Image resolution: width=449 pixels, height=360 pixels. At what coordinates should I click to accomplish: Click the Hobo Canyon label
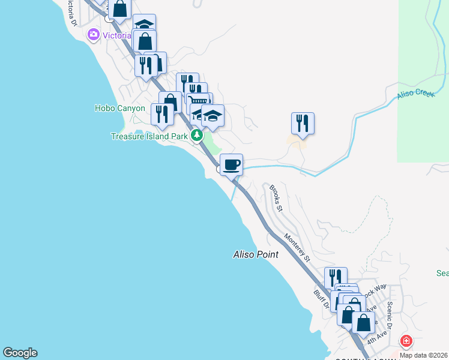point(119,109)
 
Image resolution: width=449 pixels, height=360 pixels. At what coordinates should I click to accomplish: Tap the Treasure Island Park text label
point(149,136)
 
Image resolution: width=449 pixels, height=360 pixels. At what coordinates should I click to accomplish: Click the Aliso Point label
point(256,254)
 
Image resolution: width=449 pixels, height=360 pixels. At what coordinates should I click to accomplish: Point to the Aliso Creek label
point(415,95)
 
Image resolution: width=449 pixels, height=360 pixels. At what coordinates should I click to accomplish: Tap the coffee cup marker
point(232,164)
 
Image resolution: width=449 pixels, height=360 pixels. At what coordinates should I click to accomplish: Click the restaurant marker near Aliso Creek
point(303,123)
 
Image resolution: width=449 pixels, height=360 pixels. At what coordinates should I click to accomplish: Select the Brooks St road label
point(276,198)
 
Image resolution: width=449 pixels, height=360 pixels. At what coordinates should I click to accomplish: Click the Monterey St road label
point(297,248)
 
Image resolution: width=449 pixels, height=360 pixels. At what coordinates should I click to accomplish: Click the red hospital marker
point(406,341)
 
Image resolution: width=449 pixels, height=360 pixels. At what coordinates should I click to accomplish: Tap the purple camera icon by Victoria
point(93,34)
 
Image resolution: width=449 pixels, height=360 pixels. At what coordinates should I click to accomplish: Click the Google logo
point(20,353)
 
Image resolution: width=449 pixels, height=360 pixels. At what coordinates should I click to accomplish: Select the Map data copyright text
point(424,355)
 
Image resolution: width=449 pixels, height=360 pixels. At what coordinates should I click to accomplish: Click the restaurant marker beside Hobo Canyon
point(161,113)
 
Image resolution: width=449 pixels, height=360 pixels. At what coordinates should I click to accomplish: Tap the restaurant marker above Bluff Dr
point(336,277)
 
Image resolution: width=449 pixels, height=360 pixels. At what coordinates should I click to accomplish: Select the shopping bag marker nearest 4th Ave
point(363,322)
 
